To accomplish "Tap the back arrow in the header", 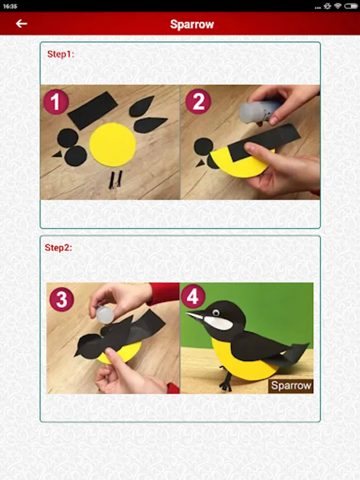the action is point(21,23).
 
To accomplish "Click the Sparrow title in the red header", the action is point(192,24).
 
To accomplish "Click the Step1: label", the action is point(61,54).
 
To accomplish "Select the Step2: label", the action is point(59,247).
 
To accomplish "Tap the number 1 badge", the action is point(55,102).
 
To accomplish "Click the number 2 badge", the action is point(198,101).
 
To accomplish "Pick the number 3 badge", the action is point(61,299).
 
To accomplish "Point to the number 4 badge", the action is point(193,296).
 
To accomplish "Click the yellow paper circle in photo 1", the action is point(113,145).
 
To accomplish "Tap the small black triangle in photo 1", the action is point(58,154).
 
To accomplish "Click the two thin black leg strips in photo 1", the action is point(115,179).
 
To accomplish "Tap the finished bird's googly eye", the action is point(215,313).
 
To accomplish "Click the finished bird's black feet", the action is point(226,379).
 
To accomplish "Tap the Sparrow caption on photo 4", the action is point(291,386).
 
